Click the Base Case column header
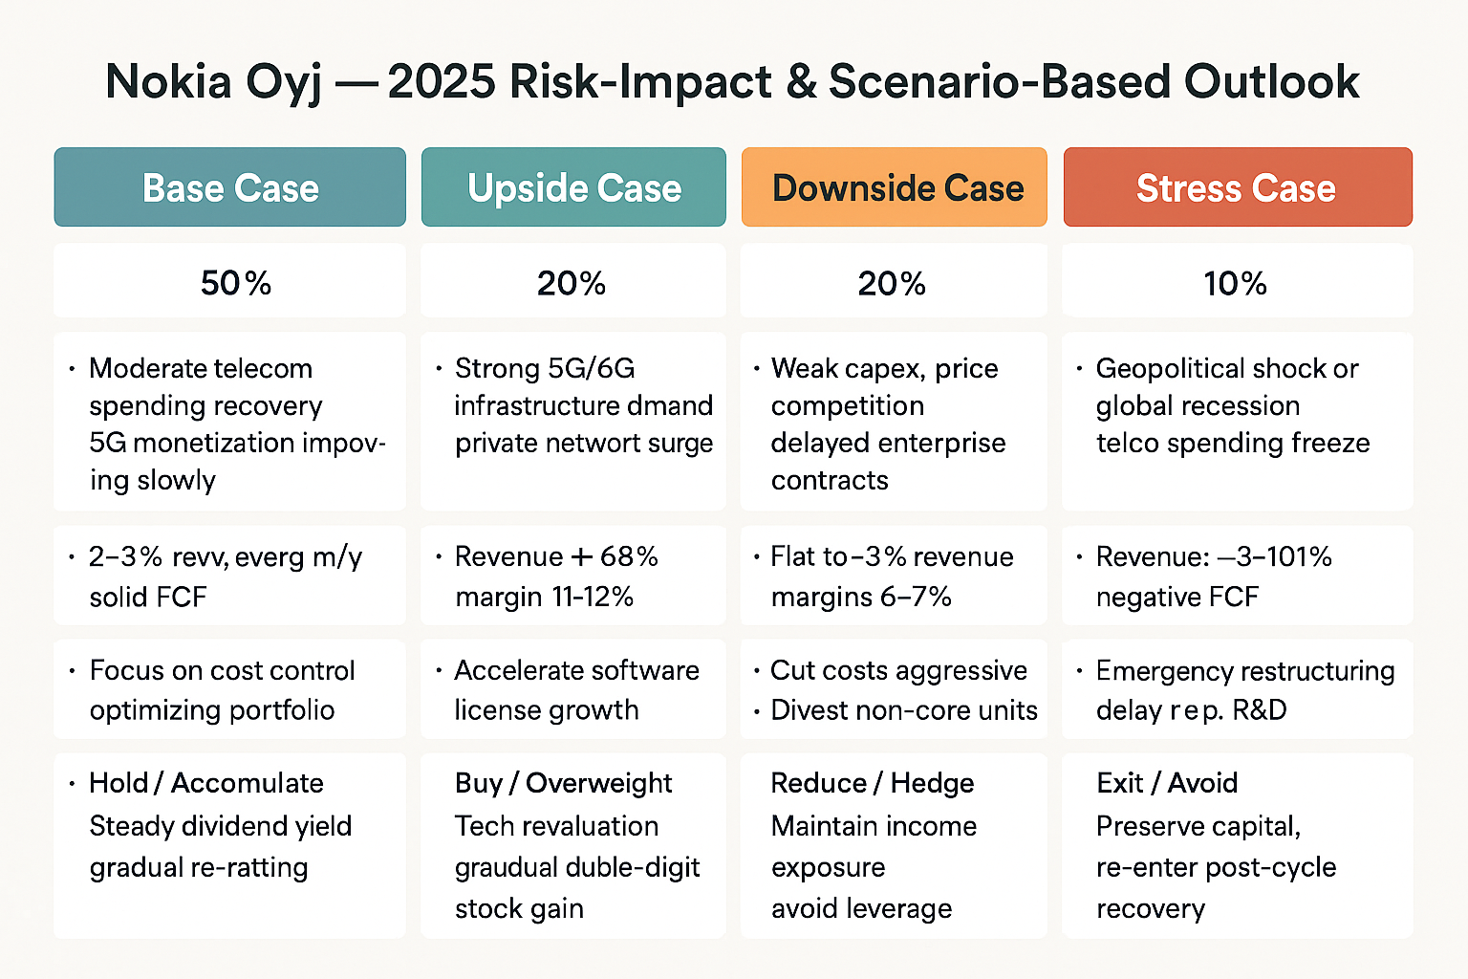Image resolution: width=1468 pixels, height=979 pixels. click(230, 188)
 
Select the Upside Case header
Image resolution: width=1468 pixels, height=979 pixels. click(574, 188)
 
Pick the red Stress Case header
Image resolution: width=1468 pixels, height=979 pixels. click(1236, 188)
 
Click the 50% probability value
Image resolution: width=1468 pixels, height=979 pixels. click(236, 283)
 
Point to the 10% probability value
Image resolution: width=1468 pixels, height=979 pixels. click(1235, 283)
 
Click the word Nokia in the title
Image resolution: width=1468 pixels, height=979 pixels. click(168, 81)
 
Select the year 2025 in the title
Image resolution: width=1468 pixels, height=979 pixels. click(443, 81)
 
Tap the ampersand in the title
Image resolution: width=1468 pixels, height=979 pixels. click(800, 81)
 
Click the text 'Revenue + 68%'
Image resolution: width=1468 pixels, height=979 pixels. click(556, 556)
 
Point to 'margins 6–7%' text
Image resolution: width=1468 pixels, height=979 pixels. click(861, 597)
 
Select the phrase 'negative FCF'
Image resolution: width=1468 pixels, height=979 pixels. click(1177, 597)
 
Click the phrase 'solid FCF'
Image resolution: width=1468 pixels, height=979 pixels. click(148, 597)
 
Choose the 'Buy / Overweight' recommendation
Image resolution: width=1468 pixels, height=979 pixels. click(563, 783)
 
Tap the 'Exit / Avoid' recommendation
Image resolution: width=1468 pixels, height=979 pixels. click(1167, 783)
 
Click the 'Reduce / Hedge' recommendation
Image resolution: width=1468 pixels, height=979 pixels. click(872, 783)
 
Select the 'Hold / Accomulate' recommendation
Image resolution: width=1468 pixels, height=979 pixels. click(206, 783)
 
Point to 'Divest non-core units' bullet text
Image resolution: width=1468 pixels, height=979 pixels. click(903, 710)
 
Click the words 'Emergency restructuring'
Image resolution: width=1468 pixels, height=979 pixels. click(1244, 671)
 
